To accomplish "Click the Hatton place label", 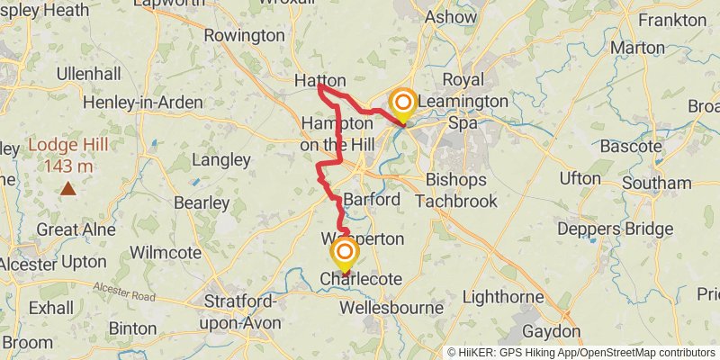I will point(319,81).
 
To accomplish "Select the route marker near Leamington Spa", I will point(402,103).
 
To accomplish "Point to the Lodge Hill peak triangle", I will point(68,188).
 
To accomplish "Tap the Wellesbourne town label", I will point(391,308).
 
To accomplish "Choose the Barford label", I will point(371,199).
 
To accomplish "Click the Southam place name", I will point(657,183).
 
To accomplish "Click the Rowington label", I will point(244,35).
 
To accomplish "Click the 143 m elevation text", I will point(67,166).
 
